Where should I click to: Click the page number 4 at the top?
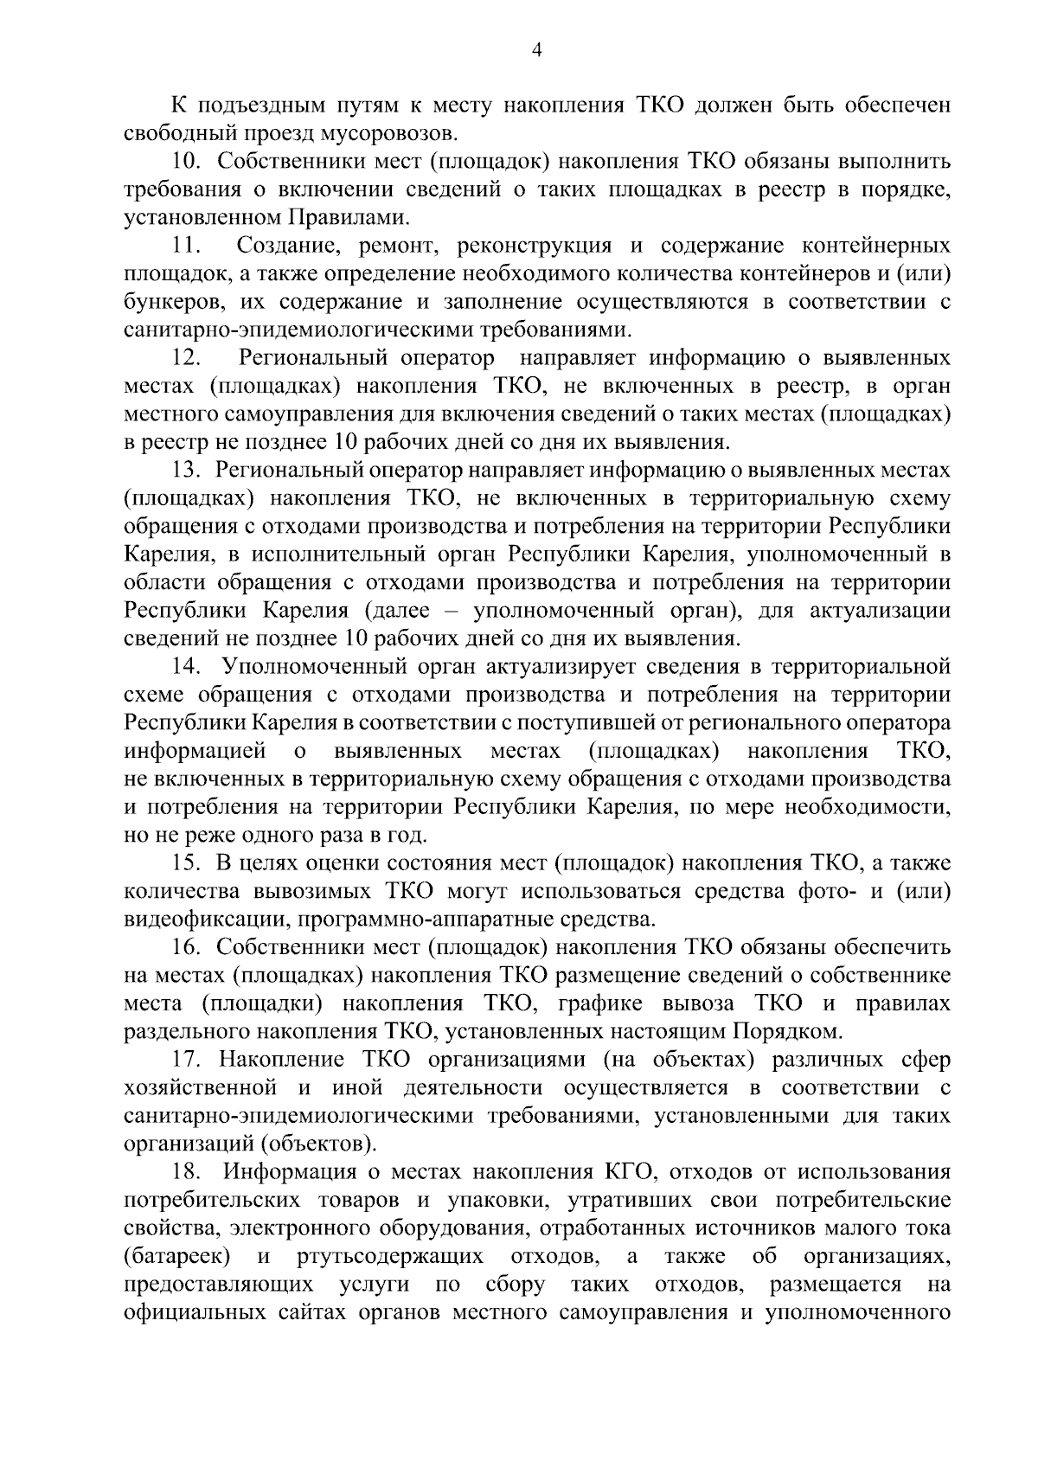point(536,51)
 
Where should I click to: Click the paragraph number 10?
point(187,162)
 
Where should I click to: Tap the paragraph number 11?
point(187,247)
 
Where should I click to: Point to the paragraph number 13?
point(187,471)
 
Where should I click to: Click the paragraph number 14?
point(187,668)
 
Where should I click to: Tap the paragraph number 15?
point(187,863)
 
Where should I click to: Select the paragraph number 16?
point(187,948)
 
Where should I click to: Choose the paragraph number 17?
point(187,1061)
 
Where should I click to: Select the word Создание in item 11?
point(282,247)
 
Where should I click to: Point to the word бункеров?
point(166,303)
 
